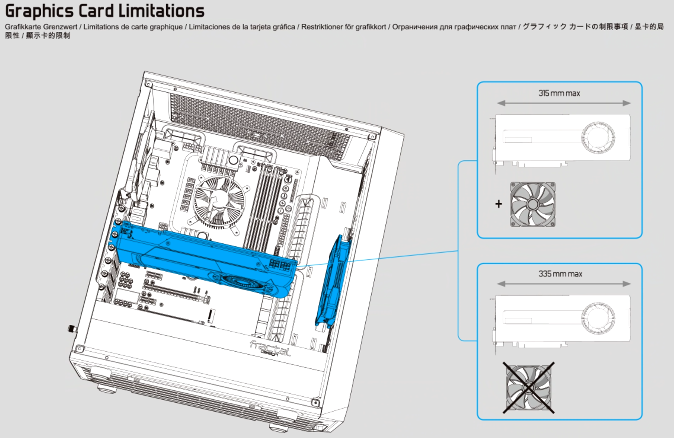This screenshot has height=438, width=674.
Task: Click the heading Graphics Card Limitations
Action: [x=105, y=11]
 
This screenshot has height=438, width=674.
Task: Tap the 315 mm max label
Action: [x=559, y=93]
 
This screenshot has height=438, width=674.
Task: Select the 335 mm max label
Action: [x=560, y=274]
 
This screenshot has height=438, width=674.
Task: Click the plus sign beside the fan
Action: [x=498, y=204]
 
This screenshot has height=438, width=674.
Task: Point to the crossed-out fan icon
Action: [x=529, y=388]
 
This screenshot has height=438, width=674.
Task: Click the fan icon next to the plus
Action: [x=533, y=204]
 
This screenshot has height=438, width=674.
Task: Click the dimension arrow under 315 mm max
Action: [x=563, y=103]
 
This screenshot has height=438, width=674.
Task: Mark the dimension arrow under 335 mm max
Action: [x=563, y=284]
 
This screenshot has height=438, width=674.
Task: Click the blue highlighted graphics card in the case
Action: [x=203, y=258]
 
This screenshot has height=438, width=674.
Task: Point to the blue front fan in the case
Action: [x=333, y=281]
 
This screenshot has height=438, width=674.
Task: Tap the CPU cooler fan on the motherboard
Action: [x=219, y=200]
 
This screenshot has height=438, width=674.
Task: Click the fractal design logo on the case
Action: [x=270, y=349]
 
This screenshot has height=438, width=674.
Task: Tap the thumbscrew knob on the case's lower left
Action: [x=72, y=329]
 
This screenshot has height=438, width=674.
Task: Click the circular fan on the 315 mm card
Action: [x=598, y=138]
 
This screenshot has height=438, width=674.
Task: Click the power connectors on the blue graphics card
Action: [x=279, y=265]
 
